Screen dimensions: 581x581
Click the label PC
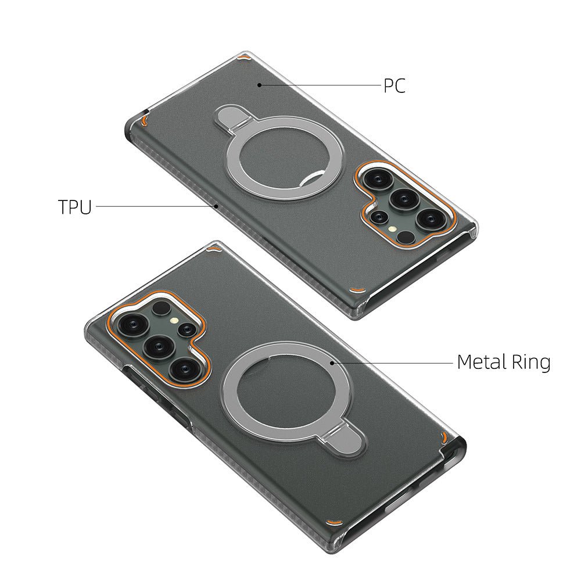(394, 86)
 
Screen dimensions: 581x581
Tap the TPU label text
(75, 207)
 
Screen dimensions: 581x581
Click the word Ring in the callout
(530, 363)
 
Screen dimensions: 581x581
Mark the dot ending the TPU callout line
(216, 205)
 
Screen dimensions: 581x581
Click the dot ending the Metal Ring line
(331, 362)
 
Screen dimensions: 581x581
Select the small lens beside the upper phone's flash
(379, 216)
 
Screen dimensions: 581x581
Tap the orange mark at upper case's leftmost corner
(143, 121)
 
